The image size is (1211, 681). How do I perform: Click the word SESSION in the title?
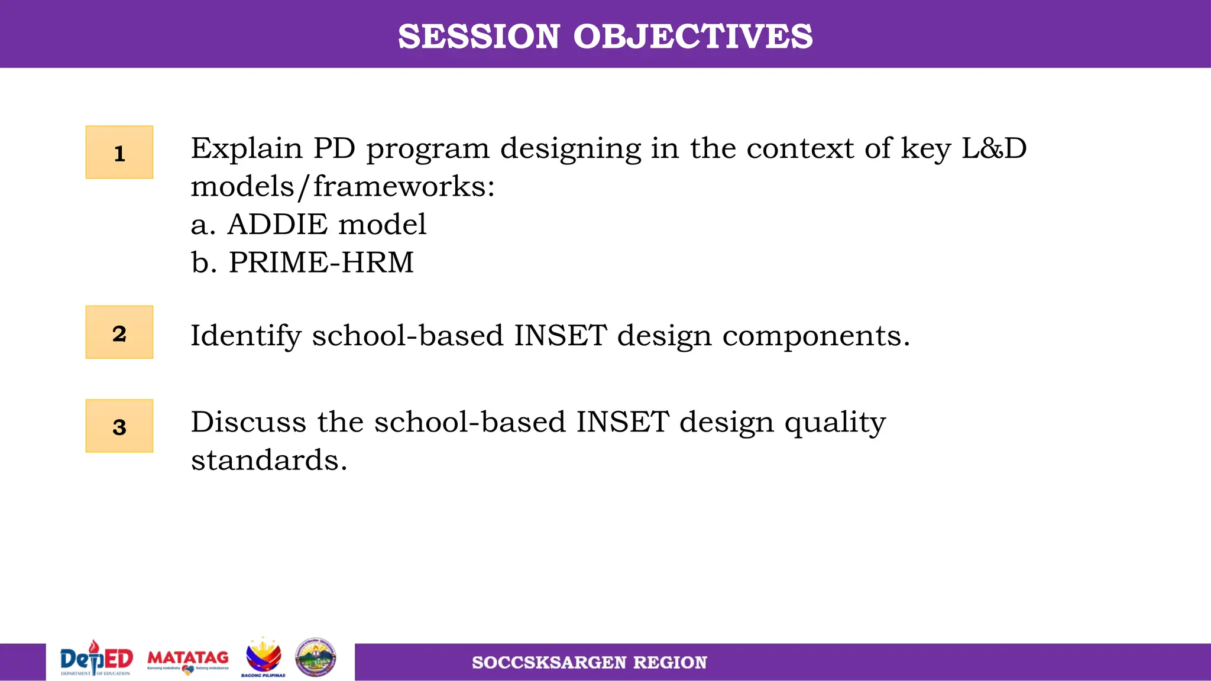[478, 37]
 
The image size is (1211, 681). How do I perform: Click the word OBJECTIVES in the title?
[692, 37]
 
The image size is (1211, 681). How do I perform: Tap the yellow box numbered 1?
[119, 153]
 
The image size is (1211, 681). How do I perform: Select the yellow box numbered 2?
[119, 332]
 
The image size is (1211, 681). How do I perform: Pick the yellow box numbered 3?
[119, 426]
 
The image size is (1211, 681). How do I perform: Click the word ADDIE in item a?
[277, 225]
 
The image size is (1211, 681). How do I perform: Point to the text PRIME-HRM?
[321, 262]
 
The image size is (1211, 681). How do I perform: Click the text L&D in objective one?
[994, 148]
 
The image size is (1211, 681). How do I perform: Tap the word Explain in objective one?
[246, 148]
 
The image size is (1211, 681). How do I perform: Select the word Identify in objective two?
[246, 336]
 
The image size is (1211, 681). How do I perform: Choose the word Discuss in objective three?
[248, 422]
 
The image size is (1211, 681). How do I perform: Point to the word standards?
[268, 460]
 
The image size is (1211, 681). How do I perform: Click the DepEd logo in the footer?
[96, 659]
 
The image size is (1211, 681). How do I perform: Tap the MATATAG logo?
[188, 660]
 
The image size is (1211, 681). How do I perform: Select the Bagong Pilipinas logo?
[263, 658]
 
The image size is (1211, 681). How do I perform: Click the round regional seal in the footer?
[316, 657]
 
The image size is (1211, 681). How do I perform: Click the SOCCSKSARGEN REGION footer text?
[589, 663]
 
